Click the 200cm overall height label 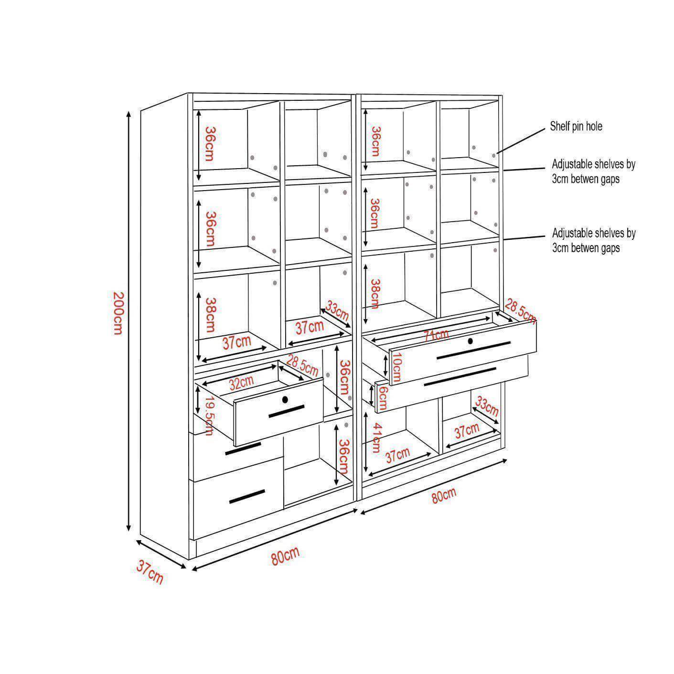[x=118, y=313]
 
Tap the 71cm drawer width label [x=436, y=335]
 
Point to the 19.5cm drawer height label [x=209, y=416]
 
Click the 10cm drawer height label [x=396, y=367]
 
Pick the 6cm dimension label [x=383, y=398]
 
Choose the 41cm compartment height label [x=376, y=437]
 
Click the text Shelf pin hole [x=576, y=126]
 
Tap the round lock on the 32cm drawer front [x=285, y=399]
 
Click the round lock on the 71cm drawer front [x=470, y=341]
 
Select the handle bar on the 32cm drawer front [x=287, y=411]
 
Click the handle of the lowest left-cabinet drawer [x=247, y=497]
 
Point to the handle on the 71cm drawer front [x=473, y=350]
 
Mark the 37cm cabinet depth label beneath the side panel [x=150, y=572]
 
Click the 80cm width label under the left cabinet [x=285, y=556]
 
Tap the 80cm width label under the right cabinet [x=444, y=496]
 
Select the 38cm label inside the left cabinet [x=210, y=314]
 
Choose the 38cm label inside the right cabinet [x=374, y=293]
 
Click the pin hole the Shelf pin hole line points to [x=494, y=155]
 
